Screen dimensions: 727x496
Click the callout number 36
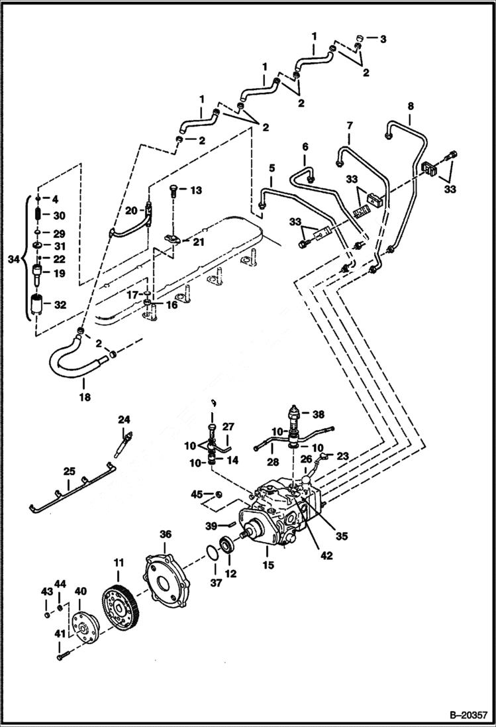[x=165, y=533]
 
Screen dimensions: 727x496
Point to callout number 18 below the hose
[x=84, y=398]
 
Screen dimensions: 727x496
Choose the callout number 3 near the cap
[x=383, y=39]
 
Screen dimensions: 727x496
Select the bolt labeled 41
[x=63, y=655]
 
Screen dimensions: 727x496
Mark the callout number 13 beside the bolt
[x=195, y=190]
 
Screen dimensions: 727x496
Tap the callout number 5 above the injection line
[x=271, y=168]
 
